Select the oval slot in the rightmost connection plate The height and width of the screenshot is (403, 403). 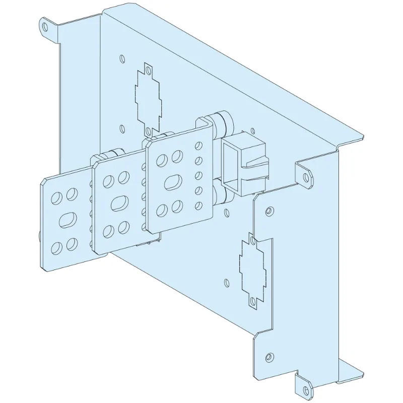click(x=171, y=182)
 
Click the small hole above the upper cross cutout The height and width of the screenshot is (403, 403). click(x=121, y=57)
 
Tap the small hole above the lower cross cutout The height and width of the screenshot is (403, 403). click(x=269, y=210)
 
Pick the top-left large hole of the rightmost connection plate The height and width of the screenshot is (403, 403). click(x=163, y=161)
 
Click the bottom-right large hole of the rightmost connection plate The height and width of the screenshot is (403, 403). click(x=176, y=206)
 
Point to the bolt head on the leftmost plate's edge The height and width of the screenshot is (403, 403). click(x=39, y=235)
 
